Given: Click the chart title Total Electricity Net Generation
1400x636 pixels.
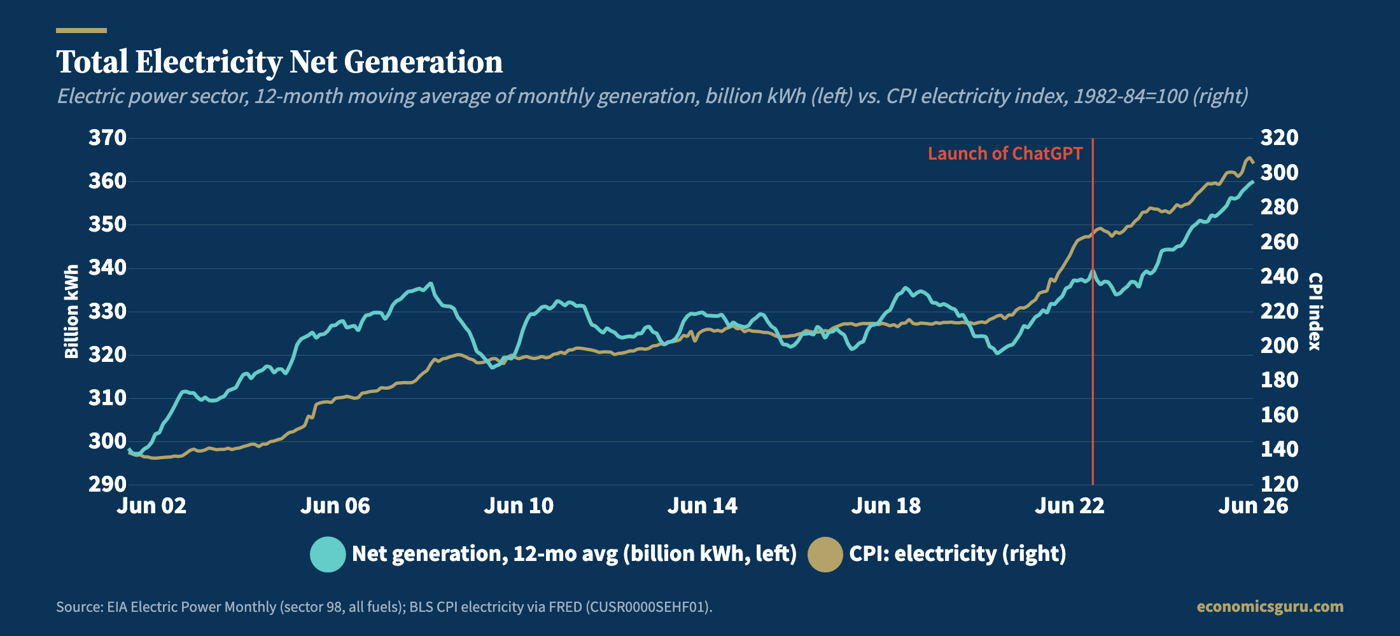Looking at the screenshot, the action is pos(279,62).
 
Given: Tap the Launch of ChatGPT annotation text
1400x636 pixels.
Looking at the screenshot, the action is pos(1005,153).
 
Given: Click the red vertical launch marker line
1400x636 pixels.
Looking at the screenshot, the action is pos(1093,312).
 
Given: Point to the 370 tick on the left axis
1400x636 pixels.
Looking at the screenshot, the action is pos(107,137).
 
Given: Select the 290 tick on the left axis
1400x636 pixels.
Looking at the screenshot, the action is pos(107,484).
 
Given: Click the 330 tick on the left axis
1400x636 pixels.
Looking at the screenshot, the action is pos(107,311).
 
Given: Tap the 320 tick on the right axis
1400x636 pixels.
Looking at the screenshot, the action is pos(1280,137).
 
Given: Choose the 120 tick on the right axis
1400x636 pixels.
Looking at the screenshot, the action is pos(1280,484).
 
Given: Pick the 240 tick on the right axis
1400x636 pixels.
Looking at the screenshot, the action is pos(1280,276).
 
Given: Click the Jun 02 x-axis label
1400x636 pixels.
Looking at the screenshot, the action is pos(151,506).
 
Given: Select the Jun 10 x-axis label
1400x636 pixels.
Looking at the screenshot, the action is pos(519,506).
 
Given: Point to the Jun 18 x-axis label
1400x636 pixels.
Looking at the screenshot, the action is pos(886,506).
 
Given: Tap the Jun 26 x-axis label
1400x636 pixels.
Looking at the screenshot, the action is pos(1253,506).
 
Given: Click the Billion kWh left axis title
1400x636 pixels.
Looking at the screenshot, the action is pos(71,312).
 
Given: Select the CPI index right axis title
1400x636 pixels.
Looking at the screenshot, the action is pos(1315,312).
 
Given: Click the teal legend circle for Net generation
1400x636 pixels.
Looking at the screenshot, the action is pos(328,554).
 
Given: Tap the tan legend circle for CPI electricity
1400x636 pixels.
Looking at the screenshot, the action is pos(825,554).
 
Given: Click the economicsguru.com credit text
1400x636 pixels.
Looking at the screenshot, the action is pos(1270,607).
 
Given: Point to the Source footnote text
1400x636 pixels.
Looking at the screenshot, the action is pos(384,607).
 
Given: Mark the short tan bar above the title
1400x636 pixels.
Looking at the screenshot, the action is pos(81,30).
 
